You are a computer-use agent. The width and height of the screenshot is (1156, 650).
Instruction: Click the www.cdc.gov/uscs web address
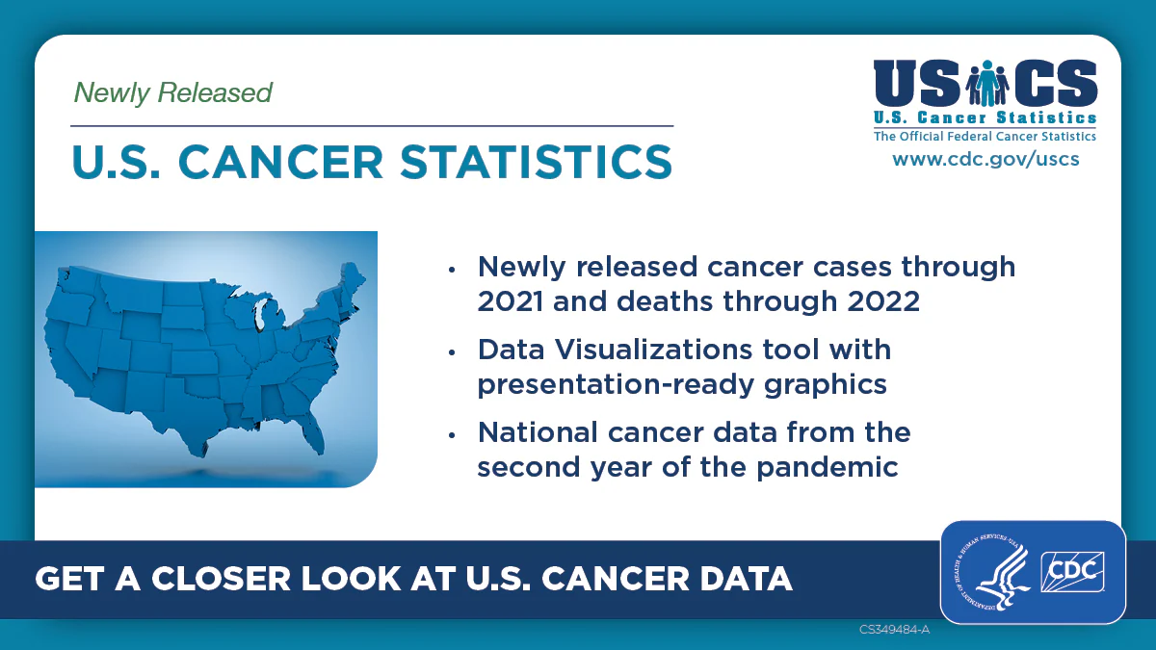[x=985, y=159]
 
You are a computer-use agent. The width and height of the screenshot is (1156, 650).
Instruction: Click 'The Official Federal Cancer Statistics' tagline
[x=985, y=137]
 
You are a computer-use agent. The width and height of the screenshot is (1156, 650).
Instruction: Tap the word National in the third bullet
[x=536, y=431]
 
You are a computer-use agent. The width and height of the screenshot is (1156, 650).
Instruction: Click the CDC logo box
[x=1073, y=572]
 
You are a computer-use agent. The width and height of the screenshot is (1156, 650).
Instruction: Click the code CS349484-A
[x=894, y=630]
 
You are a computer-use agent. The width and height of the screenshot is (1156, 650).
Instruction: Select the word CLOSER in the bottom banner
[x=223, y=578]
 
